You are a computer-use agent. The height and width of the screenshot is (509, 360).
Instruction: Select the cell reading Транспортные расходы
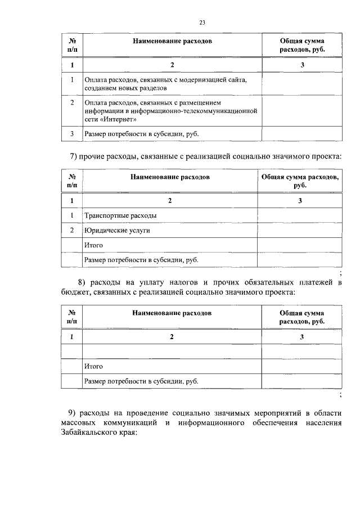click(120, 215)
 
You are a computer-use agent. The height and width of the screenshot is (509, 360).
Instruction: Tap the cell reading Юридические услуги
click(117, 230)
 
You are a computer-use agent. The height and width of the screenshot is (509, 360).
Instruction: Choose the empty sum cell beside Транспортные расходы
click(300, 215)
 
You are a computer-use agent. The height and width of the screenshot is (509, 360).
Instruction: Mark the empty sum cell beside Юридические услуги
click(300, 230)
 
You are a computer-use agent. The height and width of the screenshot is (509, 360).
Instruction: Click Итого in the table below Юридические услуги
click(93, 245)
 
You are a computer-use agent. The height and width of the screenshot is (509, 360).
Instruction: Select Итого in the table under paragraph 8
click(93, 366)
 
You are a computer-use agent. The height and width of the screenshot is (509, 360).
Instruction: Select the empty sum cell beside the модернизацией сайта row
click(302, 84)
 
